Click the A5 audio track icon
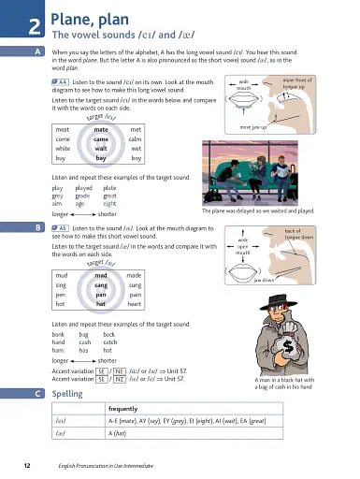click(59, 228)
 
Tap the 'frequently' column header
click(128, 410)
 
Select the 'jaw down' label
click(265, 279)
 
